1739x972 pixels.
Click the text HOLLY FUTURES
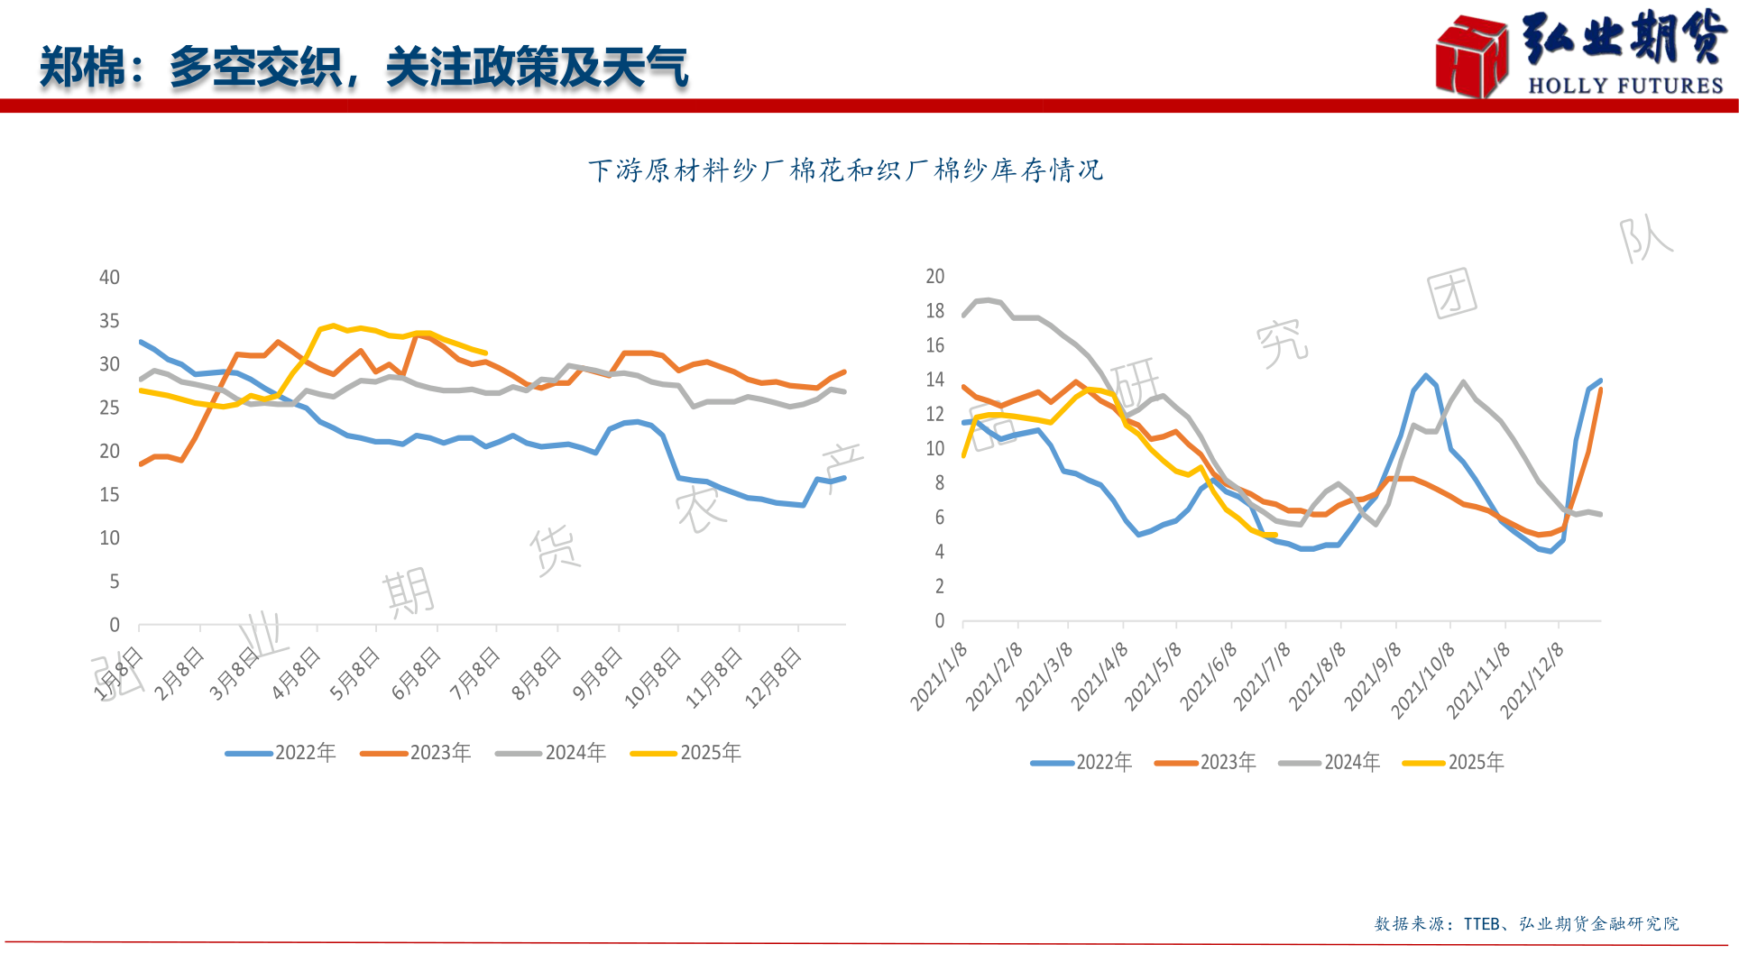tap(1625, 86)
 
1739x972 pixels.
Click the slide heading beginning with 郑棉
tap(363, 68)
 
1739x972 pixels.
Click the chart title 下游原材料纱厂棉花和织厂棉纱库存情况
tap(845, 170)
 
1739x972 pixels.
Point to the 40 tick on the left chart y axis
tap(109, 278)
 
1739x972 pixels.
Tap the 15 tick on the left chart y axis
tap(109, 495)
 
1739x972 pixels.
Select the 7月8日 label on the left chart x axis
tap(475, 674)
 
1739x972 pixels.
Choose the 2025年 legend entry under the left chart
tap(686, 753)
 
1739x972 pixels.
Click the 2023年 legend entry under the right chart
tap(1206, 763)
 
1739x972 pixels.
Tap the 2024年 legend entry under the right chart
tap(1330, 763)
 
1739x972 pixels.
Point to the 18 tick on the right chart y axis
tap(935, 311)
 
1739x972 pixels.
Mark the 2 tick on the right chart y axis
tap(939, 587)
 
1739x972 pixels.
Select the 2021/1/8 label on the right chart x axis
tap(939, 676)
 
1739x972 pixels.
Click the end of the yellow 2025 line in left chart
tap(486, 353)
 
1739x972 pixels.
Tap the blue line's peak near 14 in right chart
tap(1426, 376)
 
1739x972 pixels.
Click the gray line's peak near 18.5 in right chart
tap(989, 300)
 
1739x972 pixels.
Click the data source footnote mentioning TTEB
tap(1526, 923)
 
